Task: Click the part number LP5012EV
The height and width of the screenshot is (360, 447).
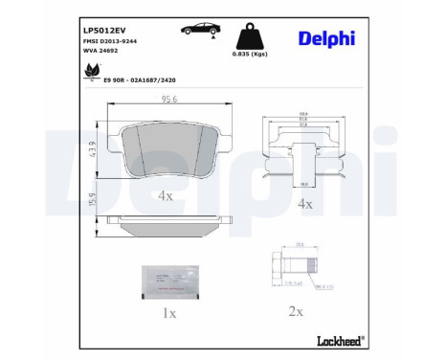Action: pyautogui.click(x=103, y=30)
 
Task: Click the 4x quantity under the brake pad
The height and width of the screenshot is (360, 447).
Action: pyautogui.click(x=165, y=195)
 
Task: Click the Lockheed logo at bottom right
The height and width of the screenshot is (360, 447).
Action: pyautogui.click(x=338, y=340)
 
